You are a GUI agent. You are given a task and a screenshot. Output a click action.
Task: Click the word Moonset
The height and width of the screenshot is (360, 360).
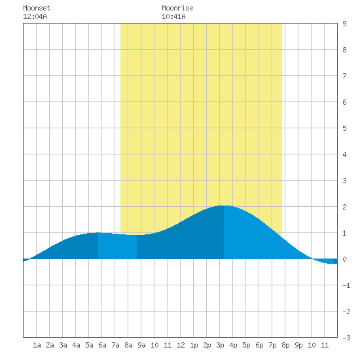coord(37,8)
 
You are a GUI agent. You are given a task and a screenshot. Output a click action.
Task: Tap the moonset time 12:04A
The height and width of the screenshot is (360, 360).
coord(35,16)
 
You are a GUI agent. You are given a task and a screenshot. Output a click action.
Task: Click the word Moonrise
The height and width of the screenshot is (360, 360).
coord(177,8)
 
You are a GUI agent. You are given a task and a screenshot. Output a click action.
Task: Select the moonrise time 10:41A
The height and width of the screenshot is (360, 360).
coord(173,16)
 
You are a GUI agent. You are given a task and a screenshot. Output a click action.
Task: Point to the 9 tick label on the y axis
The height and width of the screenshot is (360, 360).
coord(344,24)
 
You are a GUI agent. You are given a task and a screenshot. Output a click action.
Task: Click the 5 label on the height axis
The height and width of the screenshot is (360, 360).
coord(344,128)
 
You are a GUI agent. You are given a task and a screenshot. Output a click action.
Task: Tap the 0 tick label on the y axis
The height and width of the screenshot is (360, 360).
coord(344,259)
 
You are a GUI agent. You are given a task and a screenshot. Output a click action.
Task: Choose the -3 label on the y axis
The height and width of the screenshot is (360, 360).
coord(346,338)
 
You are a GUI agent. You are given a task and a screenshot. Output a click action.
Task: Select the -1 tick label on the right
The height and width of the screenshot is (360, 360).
coord(346,285)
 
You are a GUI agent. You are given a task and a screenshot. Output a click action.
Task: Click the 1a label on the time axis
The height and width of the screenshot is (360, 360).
coord(37,345)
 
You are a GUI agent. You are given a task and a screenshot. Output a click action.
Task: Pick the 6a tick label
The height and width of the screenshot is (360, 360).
coord(102,345)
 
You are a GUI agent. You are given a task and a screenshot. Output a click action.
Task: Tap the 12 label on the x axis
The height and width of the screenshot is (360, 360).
coord(181,345)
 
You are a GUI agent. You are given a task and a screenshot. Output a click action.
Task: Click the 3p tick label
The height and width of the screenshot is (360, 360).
coord(220,345)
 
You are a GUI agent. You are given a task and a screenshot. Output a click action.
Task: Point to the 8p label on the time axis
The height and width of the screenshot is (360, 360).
coord(285,345)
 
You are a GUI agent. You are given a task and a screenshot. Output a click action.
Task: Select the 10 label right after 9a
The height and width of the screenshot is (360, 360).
coord(154,345)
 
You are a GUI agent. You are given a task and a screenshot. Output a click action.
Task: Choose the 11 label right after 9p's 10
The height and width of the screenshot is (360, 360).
coord(325,345)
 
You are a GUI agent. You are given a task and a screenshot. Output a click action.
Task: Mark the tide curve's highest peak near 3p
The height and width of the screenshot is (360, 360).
coord(224,206)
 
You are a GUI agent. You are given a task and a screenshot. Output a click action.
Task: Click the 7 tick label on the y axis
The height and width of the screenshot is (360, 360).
coord(344,76)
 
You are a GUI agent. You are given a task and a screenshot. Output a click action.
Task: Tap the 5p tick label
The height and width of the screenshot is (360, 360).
coord(246,345)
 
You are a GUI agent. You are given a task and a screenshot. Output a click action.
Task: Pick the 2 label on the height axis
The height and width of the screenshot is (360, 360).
coord(344,207)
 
